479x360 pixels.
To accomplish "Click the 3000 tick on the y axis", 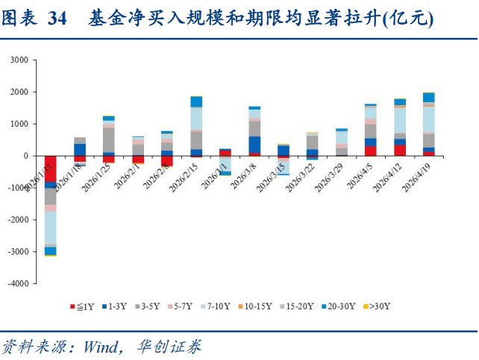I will point(19,60).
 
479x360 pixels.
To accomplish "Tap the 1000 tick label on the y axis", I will point(19,124).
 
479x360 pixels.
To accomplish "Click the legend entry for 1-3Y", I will point(113,306).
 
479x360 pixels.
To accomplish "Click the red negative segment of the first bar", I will point(51,168).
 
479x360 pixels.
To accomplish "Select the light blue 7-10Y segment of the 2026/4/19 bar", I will point(429,119).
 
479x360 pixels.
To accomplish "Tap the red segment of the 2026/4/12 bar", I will point(400,150).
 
